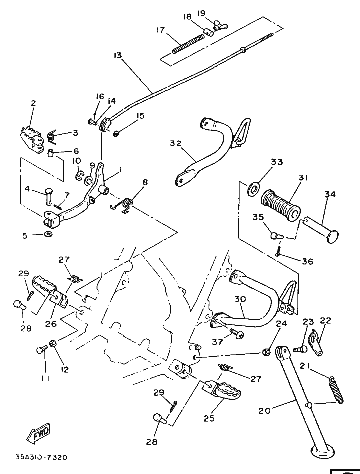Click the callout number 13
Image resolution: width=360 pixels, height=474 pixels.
(117, 55)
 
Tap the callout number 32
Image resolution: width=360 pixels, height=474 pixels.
(175, 143)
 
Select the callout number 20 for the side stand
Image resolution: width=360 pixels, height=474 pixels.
(265, 411)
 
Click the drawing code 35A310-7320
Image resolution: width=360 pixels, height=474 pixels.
(41, 457)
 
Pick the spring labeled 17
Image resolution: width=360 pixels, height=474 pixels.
(188, 43)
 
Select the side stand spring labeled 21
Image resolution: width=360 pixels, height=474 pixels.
(337, 387)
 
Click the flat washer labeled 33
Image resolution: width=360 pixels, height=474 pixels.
(254, 188)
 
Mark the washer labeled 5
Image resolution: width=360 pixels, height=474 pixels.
(47, 234)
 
